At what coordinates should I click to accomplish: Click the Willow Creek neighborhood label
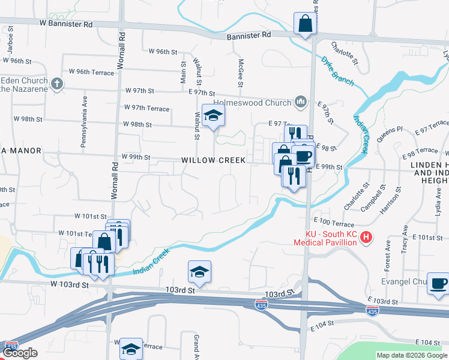click(x=214, y=160)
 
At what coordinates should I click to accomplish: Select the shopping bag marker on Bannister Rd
click(x=305, y=25)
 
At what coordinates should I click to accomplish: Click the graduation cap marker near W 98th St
click(x=212, y=116)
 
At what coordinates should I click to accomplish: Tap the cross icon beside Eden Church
click(x=57, y=83)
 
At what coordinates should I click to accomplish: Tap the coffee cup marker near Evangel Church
click(x=438, y=283)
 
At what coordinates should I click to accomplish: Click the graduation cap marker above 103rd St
click(x=199, y=272)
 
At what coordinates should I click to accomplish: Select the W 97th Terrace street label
click(x=146, y=107)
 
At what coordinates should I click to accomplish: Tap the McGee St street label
click(x=240, y=73)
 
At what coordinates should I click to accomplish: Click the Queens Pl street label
click(x=390, y=133)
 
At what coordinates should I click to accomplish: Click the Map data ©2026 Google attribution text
click(x=412, y=355)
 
